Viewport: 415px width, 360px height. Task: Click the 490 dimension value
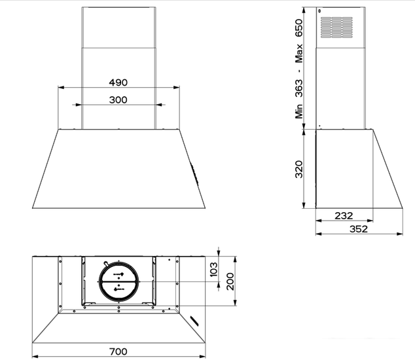point(118,83)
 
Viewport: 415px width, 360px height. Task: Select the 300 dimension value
point(118,100)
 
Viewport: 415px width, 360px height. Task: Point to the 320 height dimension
point(299,169)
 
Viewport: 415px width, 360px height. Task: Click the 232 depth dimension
point(344,215)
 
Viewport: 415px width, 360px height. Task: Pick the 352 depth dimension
point(357,228)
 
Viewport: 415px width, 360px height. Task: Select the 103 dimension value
point(213,270)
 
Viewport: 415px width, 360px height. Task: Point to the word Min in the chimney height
point(299,109)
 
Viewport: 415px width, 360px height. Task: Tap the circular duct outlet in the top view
point(118,280)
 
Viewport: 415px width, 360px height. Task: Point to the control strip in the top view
point(196,319)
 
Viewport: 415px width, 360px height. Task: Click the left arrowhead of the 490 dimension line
point(60,88)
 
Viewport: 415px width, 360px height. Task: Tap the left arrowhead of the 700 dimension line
point(35,357)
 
